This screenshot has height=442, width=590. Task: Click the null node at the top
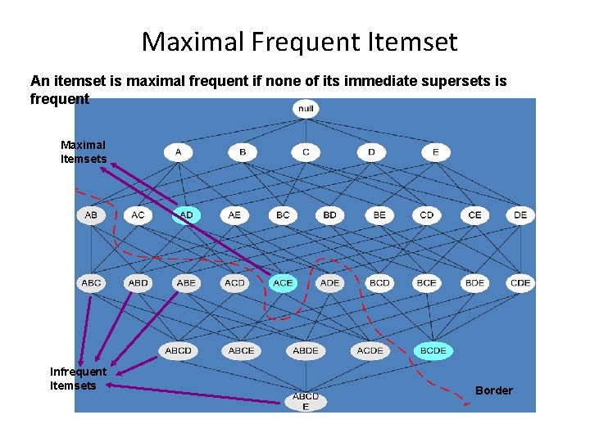306,108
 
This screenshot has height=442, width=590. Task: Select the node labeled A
178,152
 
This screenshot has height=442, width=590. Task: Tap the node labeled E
436,152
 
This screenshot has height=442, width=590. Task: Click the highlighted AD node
186,215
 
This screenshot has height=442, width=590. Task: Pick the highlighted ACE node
283,282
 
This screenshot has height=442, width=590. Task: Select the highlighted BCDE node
433,350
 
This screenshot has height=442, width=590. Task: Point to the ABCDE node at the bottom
306,401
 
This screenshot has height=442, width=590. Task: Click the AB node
90,215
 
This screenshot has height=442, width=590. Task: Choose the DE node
520,215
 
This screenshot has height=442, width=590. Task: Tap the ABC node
91,282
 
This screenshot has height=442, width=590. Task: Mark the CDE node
520,282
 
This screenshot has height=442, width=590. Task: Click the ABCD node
178,350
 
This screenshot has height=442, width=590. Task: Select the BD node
329,215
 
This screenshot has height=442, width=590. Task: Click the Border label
494,390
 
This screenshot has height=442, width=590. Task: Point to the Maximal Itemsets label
84,152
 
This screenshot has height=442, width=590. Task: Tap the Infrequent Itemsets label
78,378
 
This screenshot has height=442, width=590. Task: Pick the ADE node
329,282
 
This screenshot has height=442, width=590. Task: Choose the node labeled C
306,152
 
